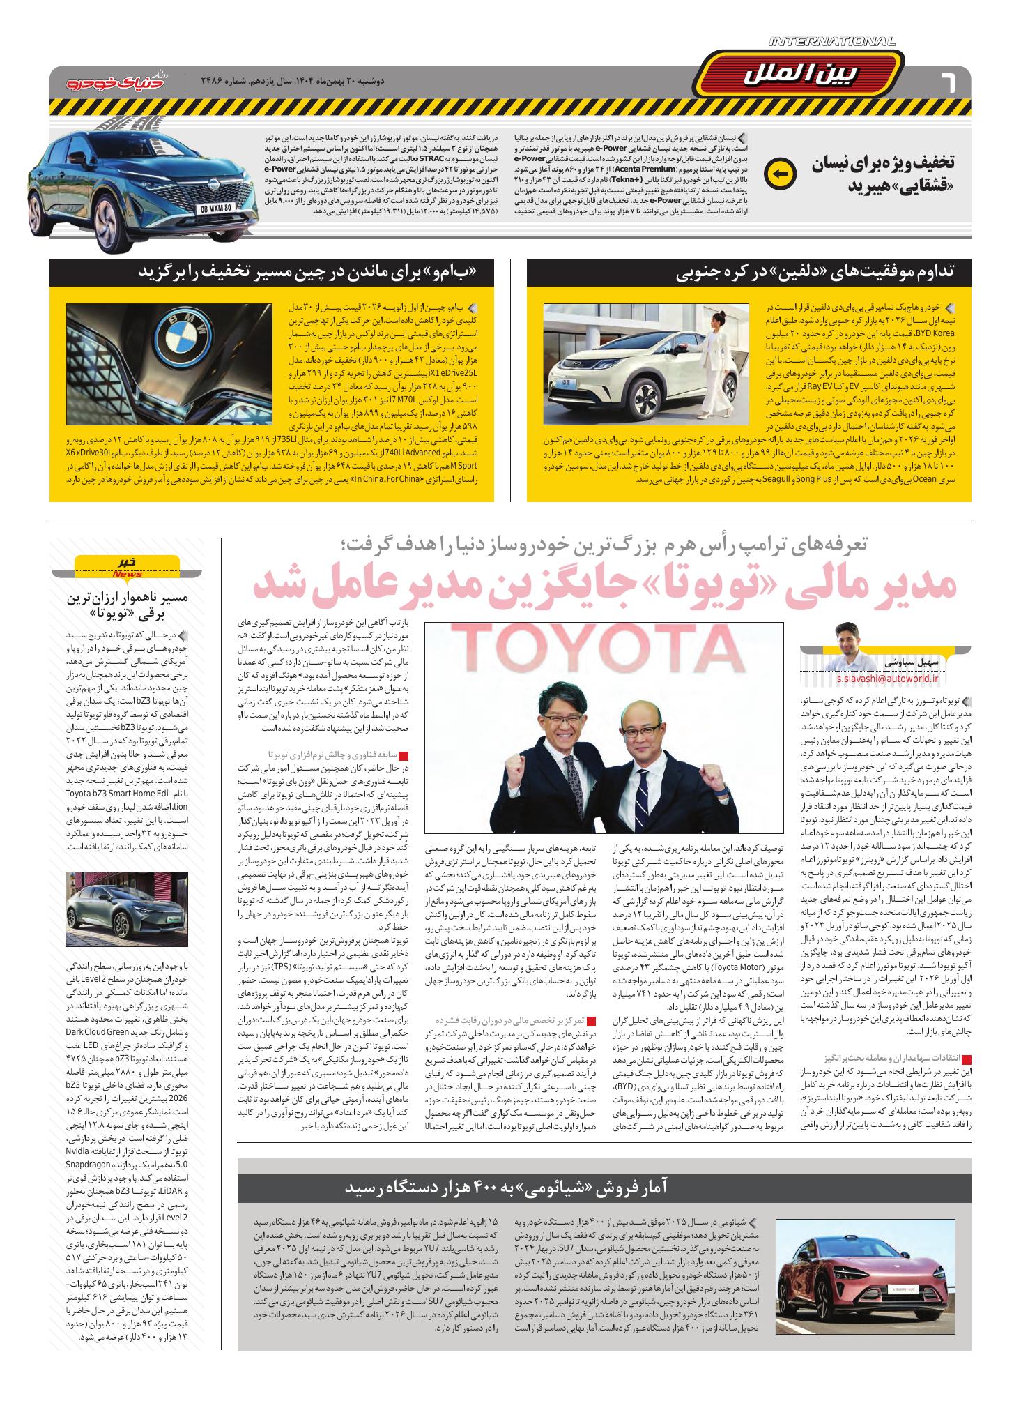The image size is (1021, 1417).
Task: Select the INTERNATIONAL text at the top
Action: (832, 43)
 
